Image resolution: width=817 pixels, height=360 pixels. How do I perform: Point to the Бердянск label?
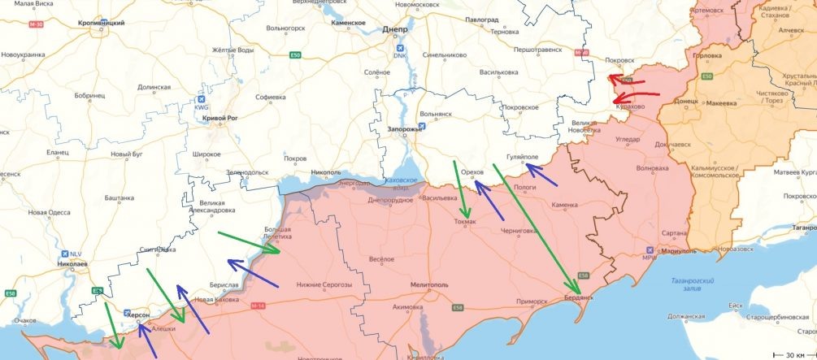(x=580, y=299)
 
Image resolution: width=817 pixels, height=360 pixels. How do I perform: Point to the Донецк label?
(x=686, y=102)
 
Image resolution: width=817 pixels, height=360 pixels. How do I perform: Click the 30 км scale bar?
(x=793, y=354)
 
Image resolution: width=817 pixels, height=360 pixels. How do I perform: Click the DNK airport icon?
(x=399, y=46)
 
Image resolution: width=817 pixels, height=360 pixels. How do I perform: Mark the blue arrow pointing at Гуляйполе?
(x=541, y=175)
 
